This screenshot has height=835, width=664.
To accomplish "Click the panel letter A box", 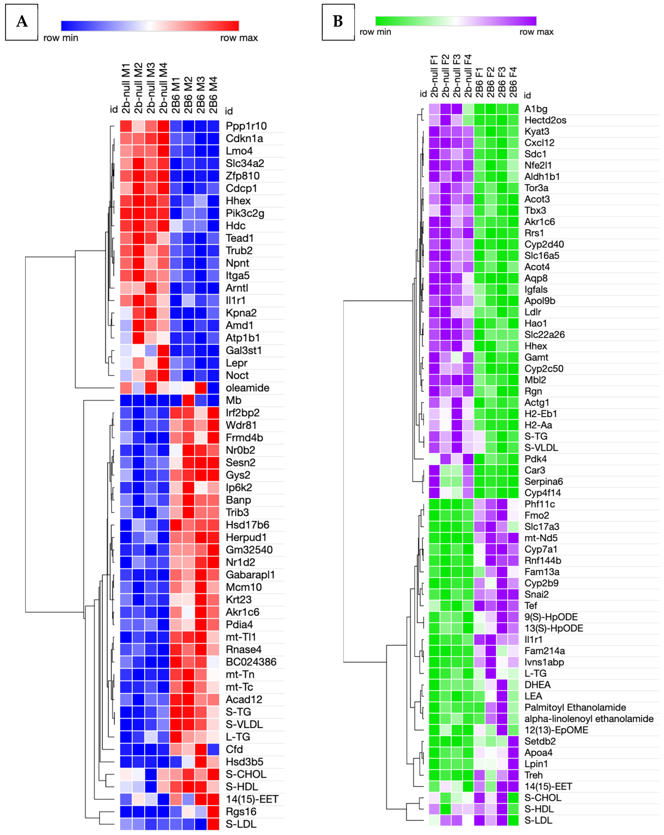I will pyautogui.click(x=22, y=22).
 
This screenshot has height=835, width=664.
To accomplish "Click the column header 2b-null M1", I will pyautogui.click(x=126, y=88).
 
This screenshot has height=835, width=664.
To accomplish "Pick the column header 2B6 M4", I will pyautogui.click(x=213, y=95).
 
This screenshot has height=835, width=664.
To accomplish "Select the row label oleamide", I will pyautogui.click(x=247, y=388).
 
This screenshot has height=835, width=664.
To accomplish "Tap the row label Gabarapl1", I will pyautogui.click(x=250, y=575).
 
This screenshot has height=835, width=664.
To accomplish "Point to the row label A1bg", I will pyautogui.click(x=536, y=109).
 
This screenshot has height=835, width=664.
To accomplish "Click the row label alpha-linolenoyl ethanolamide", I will pyautogui.click(x=588, y=719).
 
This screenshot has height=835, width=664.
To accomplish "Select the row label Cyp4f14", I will pyautogui.click(x=542, y=493).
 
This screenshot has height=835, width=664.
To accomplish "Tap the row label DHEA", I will pyautogui.click(x=537, y=685).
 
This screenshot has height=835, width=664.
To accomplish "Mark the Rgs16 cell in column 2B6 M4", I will pyautogui.click(x=213, y=811).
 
